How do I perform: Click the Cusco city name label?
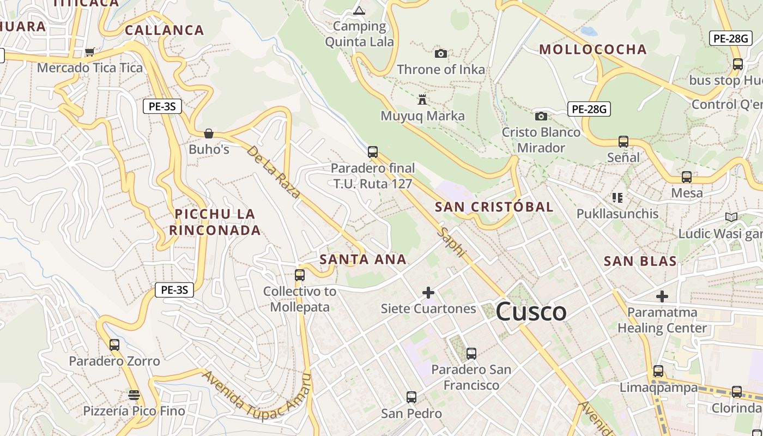pos(531,312)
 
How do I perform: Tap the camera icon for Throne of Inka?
pos(441,53)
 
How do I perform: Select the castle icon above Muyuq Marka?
pos(422,100)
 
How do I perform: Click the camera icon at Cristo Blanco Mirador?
pos(541,116)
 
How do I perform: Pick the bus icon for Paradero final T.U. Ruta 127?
pos(373,152)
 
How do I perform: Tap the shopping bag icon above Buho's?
pos(208,134)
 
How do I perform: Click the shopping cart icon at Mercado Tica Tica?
pos(89,52)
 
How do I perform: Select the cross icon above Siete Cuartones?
pos(428,293)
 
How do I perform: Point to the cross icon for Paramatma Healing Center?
pos(662,296)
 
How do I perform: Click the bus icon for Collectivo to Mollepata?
pos(299,275)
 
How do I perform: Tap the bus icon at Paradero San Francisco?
pos(471,354)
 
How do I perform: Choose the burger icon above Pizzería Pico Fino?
pos(134,395)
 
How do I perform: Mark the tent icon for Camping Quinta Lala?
pos(359,10)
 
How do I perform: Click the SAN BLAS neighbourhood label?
pos(640,261)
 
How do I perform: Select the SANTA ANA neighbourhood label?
pos(363,259)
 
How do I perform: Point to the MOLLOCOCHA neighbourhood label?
pos(593,50)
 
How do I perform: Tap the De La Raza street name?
pos(274,172)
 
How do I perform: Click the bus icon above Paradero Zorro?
pos(114,345)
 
